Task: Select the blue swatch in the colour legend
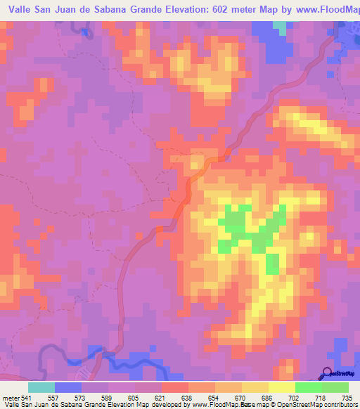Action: click(x=68, y=387)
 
